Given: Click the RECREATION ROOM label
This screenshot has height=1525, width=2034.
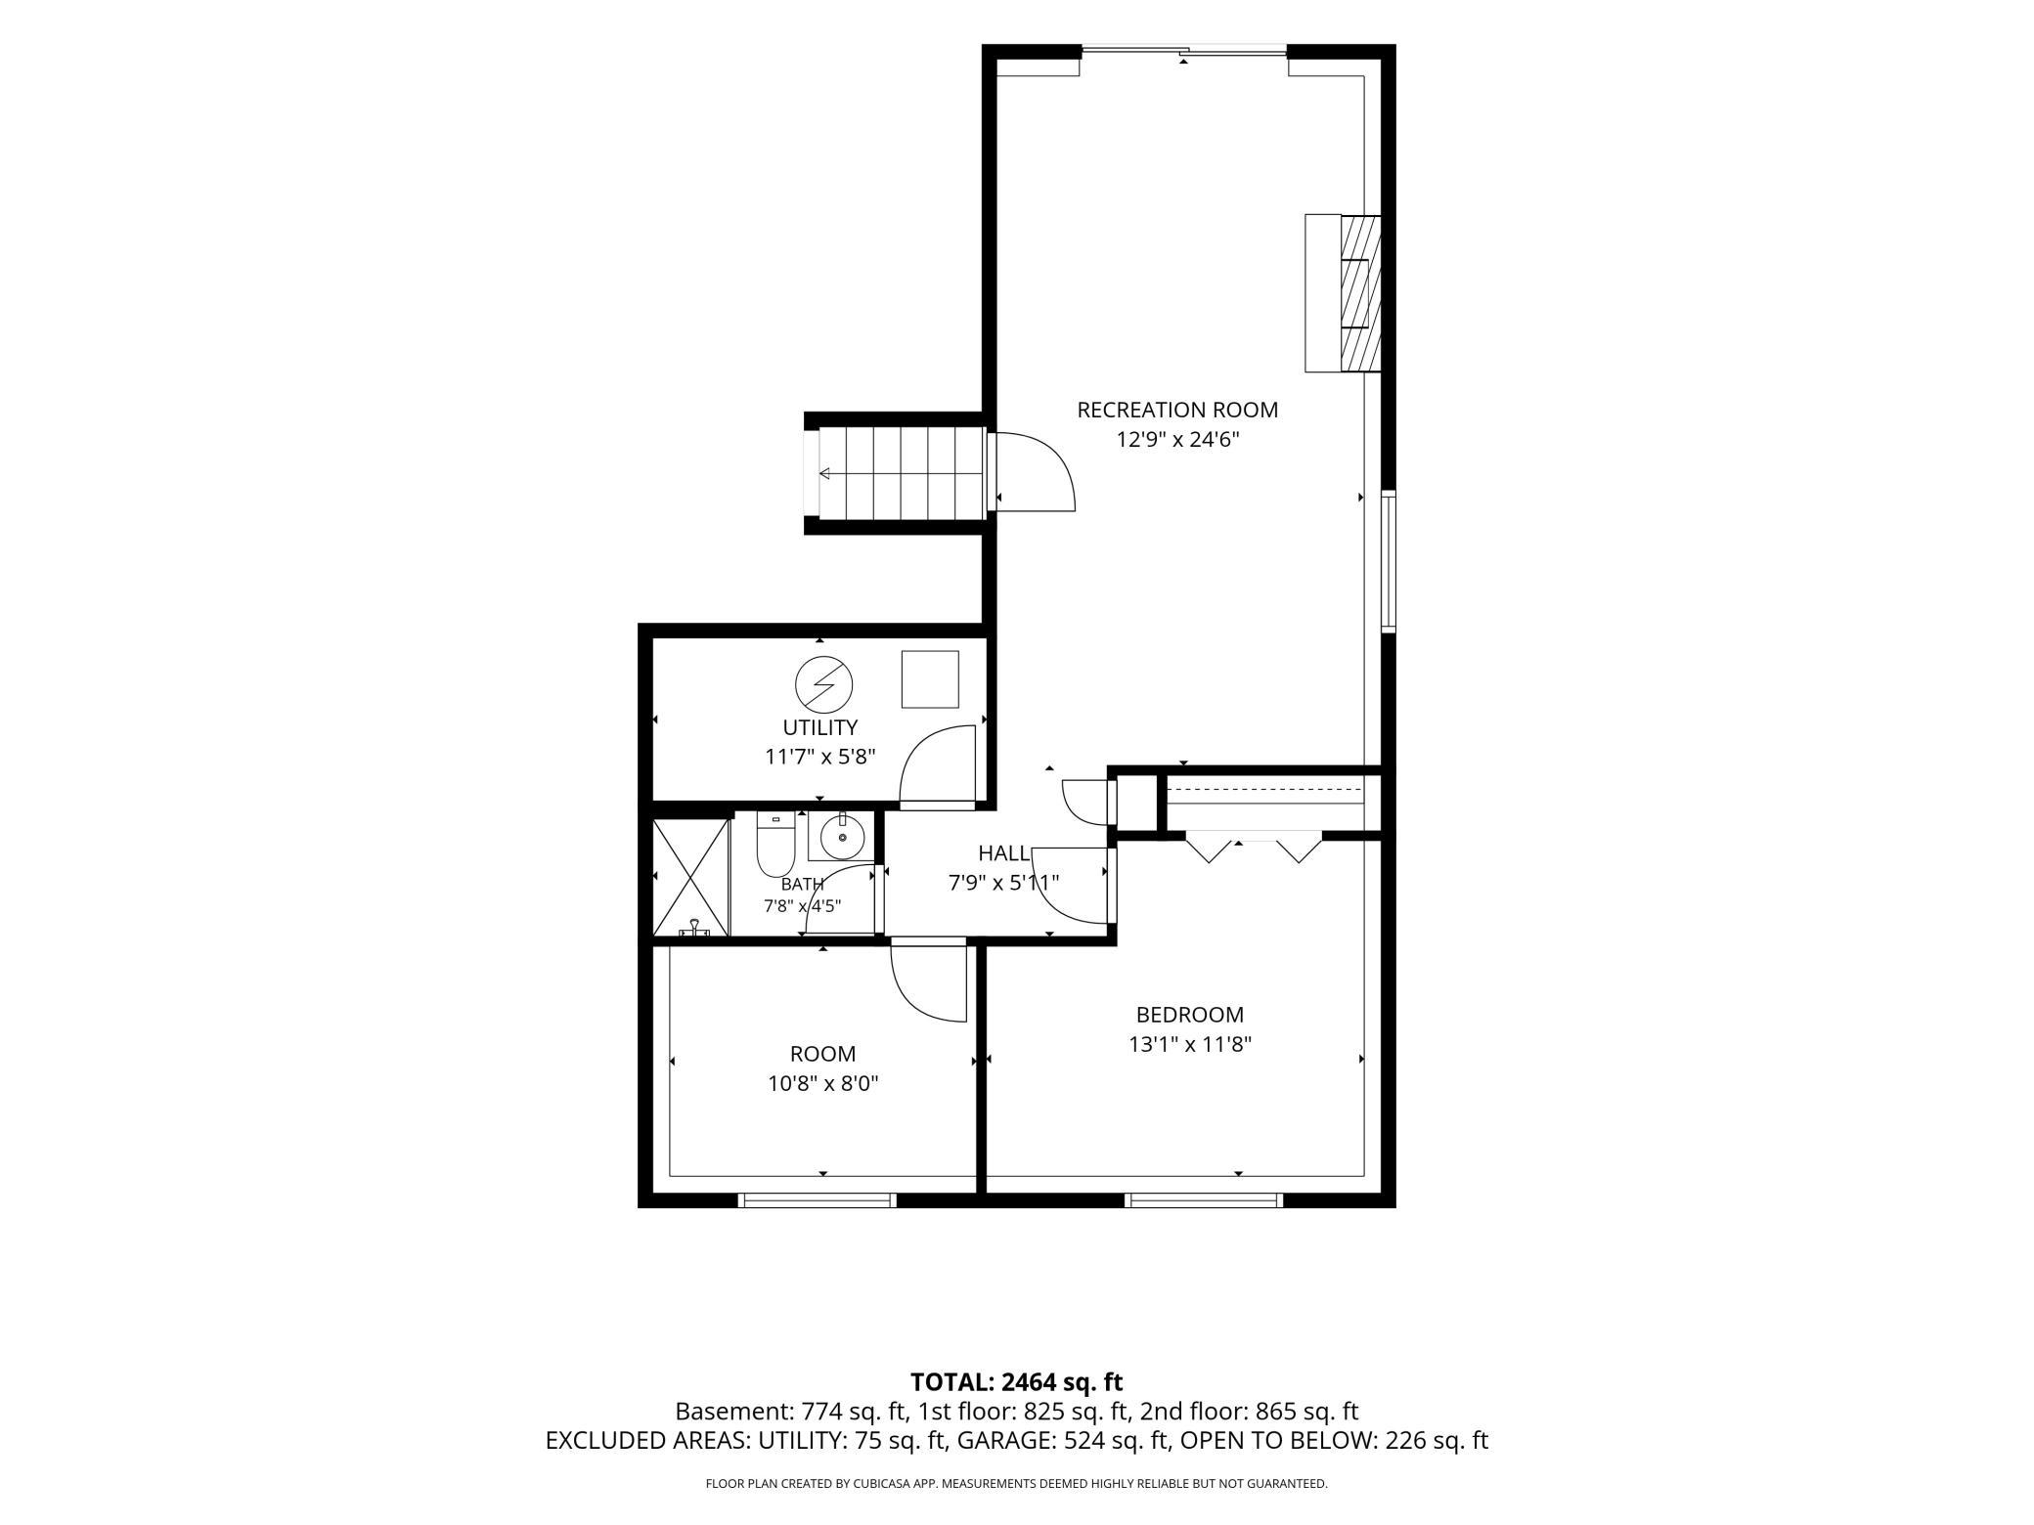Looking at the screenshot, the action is click(1177, 410).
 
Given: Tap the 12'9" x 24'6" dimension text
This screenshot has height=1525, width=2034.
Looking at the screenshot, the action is click(1177, 440).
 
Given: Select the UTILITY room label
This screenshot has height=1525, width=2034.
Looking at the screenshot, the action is click(819, 727).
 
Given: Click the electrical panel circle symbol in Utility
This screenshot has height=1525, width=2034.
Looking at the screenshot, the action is click(823, 684).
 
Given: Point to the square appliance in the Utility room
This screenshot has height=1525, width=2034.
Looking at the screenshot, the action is click(930, 678).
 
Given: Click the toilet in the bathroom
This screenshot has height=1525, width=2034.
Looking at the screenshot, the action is click(775, 845).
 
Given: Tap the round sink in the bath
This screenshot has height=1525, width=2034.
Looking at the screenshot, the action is click(842, 837).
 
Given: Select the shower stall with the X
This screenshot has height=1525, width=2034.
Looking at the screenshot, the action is click(690, 877).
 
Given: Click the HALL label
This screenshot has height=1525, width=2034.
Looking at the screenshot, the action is click(1003, 853).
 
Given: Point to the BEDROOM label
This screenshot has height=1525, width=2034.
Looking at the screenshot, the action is click(1189, 1015).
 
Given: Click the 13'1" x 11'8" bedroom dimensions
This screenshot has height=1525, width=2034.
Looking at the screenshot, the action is click(1189, 1044).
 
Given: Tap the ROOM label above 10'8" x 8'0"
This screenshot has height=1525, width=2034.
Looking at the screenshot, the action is click(822, 1054).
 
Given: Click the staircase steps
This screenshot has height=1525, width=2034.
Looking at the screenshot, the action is click(900, 474).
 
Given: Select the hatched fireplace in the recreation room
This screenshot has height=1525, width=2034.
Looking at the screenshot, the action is click(1359, 293).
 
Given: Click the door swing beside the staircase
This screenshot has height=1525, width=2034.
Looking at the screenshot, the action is click(1036, 471).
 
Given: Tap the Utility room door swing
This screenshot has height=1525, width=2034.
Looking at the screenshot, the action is click(937, 765).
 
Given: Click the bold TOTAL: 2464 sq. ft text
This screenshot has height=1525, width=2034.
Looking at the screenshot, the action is click(1016, 1382).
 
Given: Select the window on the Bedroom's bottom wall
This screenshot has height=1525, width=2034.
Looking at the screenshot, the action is click(1203, 1200).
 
